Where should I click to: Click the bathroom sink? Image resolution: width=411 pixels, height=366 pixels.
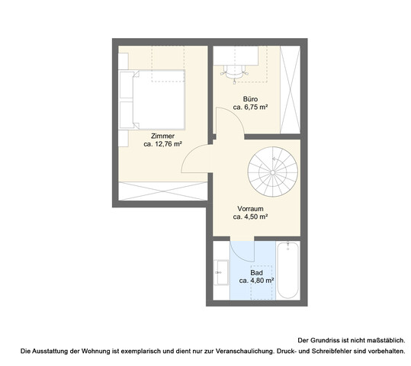tap(221, 271)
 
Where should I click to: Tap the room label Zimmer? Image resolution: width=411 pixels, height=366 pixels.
tap(162, 136)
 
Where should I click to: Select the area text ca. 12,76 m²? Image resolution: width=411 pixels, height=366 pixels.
tap(162, 144)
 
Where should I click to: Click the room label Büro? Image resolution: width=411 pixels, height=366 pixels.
tap(250, 99)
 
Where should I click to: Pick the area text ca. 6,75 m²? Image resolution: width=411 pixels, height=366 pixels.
tap(250, 108)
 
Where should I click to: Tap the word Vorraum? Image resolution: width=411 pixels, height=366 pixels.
tap(250, 207)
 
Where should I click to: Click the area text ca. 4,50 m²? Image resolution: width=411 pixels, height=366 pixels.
tap(250, 217)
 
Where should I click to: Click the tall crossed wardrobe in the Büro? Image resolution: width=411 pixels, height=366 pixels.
tap(291, 88)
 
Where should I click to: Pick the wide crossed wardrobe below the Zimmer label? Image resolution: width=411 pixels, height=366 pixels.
tap(159, 191)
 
